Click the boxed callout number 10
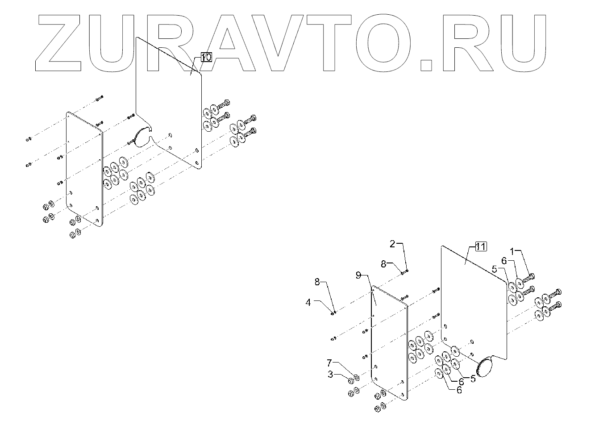[x=206, y=57]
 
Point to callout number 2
[x=392, y=244]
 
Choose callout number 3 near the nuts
[x=330, y=375]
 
